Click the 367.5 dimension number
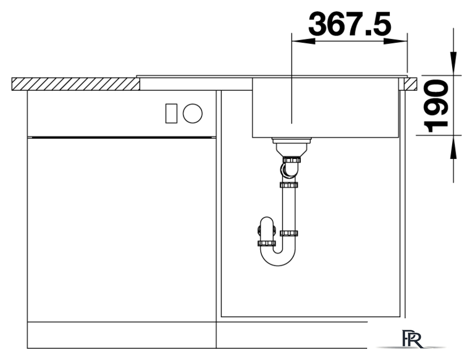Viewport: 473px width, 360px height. [x=350, y=23]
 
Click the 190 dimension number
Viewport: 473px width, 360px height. [x=436, y=106]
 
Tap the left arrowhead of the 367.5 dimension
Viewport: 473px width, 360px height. [x=304, y=41]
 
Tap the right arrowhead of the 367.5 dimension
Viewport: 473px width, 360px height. [x=395, y=41]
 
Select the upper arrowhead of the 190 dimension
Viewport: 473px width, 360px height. [x=453, y=63]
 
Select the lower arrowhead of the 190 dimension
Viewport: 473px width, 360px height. [x=453, y=147]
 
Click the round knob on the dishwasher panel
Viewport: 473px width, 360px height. [x=193, y=113]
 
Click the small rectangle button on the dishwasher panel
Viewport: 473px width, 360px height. [x=171, y=113]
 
